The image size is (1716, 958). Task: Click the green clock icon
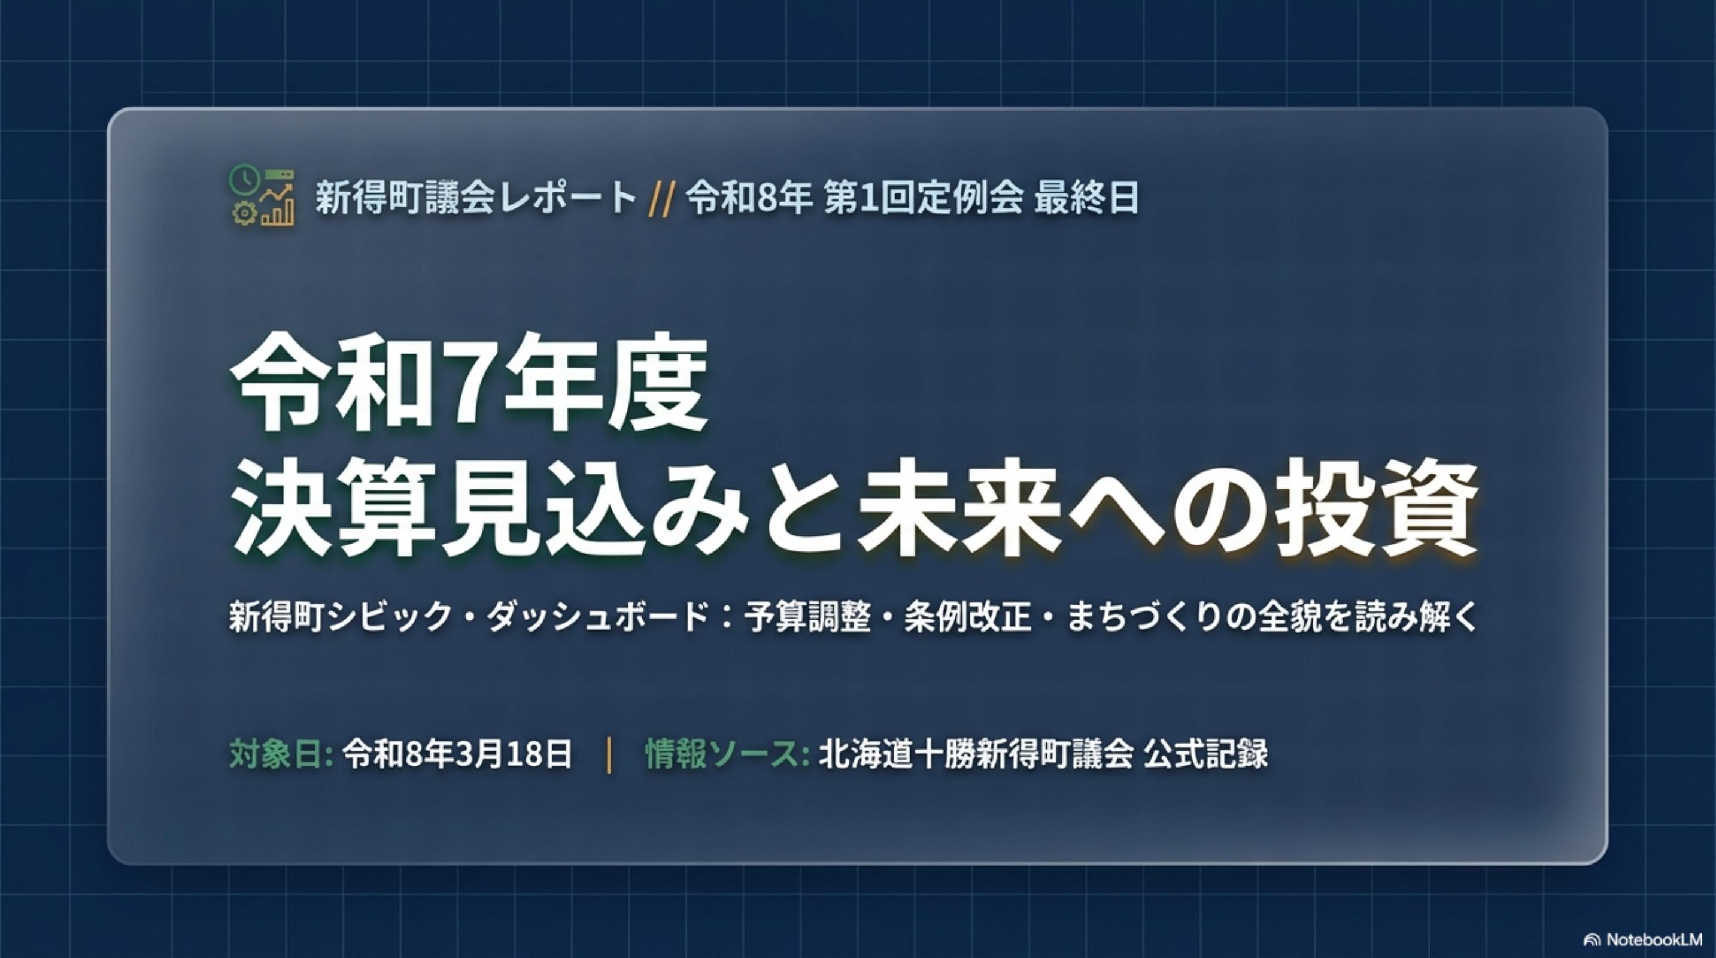(x=244, y=180)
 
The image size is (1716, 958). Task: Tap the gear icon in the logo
(x=244, y=213)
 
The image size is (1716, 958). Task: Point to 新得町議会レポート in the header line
(x=476, y=198)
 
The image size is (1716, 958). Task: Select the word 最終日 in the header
(x=1086, y=198)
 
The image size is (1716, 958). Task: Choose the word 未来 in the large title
(x=960, y=508)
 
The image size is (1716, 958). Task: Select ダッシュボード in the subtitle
(x=596, y=617)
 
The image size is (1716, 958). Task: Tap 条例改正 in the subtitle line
(x=967, y=617)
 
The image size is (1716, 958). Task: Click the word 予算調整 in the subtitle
(x=807, y=617)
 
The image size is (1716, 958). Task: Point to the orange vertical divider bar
(x=609, y=755)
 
